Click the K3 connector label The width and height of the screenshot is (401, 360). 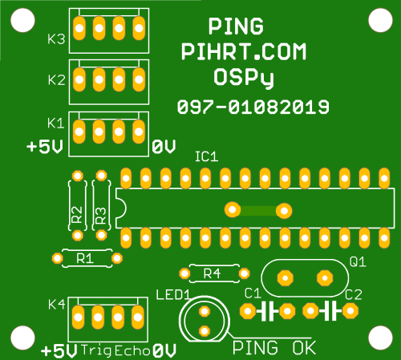56,39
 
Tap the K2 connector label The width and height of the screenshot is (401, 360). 56,80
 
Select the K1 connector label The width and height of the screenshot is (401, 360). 55,123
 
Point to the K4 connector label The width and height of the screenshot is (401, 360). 56,305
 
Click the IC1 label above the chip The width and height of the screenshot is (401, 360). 207,156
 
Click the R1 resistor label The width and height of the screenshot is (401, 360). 85,258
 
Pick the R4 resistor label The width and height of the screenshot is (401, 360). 212,273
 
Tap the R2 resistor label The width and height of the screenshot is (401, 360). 77,215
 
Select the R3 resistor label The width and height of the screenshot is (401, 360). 101,216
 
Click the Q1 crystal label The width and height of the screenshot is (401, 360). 358,262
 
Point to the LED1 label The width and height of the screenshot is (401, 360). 173,295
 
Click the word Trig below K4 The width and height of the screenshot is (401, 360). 95,351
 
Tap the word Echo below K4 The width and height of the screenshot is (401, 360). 132,351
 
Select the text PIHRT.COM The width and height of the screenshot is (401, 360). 244,51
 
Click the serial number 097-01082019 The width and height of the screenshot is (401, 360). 253,107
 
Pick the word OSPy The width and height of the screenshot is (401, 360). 244,78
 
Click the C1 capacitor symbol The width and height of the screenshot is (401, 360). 268,311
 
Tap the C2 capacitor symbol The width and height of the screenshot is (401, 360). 330,311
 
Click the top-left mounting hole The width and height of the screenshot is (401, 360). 22,20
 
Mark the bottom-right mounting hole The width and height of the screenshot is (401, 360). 380,338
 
